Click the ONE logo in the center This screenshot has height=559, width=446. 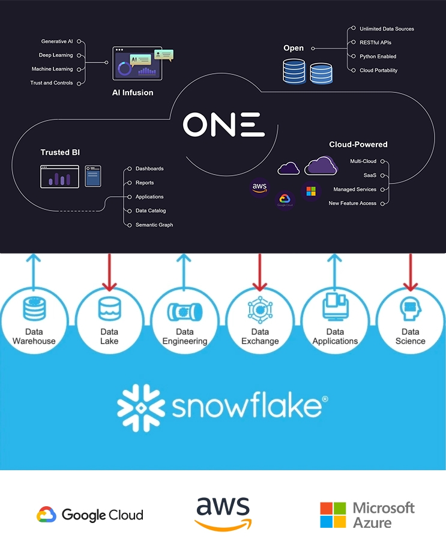coord(223,125)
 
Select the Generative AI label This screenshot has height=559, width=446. coord(57,41)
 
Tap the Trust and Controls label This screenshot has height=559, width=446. coord(52,83)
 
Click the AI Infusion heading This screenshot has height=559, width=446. coord(133,93)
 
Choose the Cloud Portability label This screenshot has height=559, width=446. coord(378,70)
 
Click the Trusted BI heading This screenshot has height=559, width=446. coord(60,152)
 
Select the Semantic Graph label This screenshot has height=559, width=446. coord(154,225)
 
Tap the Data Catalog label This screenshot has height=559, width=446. coord(151,211)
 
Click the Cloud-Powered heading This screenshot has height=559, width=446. coord(358,145)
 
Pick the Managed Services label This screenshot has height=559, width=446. coord(355,190)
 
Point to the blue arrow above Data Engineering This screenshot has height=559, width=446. coord(185,270)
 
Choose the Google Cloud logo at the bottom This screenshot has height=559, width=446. coord(90,515)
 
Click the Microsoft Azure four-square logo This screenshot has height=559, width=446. coord(334,515)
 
